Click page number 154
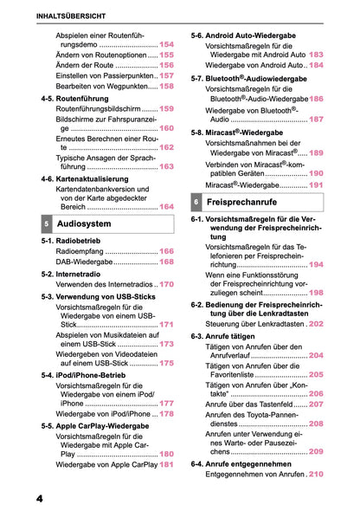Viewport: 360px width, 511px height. pyautogui.click(x=166, y=44)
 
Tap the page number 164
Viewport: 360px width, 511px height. pyautogui.click(x=166, y=207)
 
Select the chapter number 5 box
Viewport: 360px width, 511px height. pyautogui.click(x=46, y=223)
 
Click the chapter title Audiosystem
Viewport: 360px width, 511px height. pyautogui.click(x=85, y=223)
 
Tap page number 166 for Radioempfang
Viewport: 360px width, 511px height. pyautogui.click(x=166, y=250)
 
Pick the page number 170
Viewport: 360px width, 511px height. pyautogui.click(x=166, y=284)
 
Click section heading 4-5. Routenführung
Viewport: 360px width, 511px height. pyautogui.click(x=79, y=99)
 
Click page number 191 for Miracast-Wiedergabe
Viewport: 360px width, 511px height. pyautogui.click(x=316, y=184)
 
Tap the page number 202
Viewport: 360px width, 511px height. pyautogui.click(x=316, y=323)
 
